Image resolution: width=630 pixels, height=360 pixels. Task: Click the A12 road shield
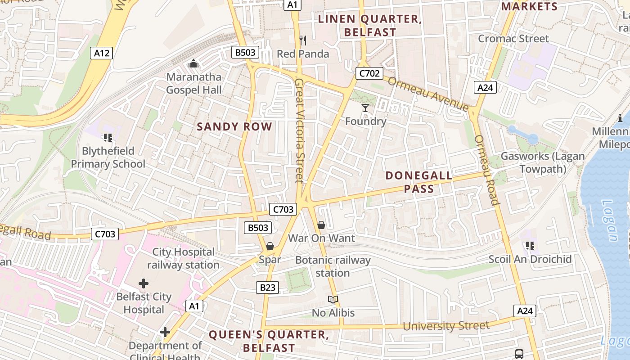click(101, 54)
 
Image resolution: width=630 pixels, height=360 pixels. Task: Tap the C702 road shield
click(369, 73)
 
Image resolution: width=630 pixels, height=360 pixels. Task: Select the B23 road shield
click(267, 288)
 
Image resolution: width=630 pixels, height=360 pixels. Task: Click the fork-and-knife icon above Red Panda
click(303, 40)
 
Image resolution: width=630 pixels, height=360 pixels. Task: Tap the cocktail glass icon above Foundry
click(365, 108)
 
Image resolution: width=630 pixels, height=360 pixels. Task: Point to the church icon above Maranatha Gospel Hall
click(193, 64)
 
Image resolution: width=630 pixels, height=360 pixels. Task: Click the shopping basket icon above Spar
click(270, 246)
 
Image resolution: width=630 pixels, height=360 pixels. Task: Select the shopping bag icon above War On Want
click(321, 225)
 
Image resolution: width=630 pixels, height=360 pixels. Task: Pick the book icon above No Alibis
click(333, 300)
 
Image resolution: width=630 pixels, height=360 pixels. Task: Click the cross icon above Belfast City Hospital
click(144, 283)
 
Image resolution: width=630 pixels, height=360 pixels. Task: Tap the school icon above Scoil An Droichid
click(530, 246)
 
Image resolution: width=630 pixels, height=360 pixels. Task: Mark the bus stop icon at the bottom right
click(519, 354)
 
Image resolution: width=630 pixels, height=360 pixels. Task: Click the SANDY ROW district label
click(234, 126)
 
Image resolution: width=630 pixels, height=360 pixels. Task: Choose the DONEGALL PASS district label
click(418, 182)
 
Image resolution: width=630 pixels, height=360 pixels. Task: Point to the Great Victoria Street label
click(299, 131)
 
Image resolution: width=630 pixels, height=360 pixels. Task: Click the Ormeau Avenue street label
click(428, 94)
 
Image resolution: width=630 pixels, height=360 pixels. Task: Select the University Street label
click(445, 326)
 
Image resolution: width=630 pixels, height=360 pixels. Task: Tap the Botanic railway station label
click(333, 266)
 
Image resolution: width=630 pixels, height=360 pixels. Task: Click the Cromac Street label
click(513, 39)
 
